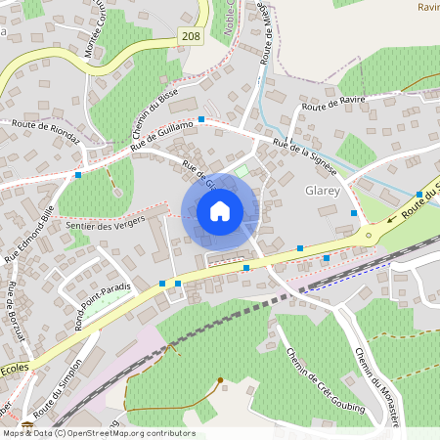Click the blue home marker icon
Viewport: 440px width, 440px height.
click(220, 211)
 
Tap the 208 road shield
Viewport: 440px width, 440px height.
click(192, 35)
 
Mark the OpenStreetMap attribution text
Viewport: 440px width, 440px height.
click(98, 432)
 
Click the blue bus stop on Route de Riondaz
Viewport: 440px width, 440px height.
click(77, 175)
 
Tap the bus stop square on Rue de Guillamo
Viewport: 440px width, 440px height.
click(201, 119)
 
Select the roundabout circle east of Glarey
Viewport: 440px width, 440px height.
click(368, 235)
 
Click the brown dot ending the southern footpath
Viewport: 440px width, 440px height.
click(220, 380)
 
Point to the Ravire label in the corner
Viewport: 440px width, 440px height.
click(427, 7)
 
